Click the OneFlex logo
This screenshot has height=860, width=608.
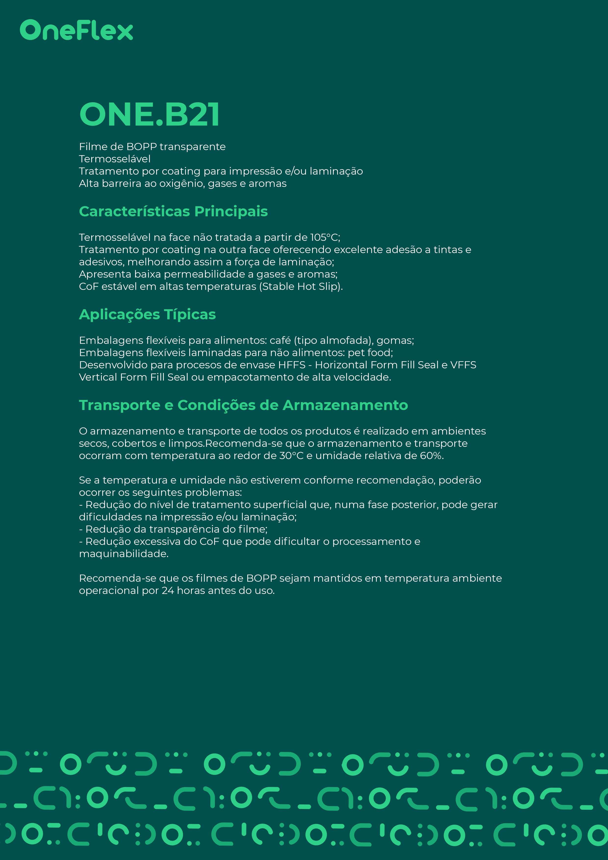76,30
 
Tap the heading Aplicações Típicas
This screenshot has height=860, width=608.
147,315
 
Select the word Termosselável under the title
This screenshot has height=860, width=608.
114,159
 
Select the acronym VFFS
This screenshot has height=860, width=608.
463,365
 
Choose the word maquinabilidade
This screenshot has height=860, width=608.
124,554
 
